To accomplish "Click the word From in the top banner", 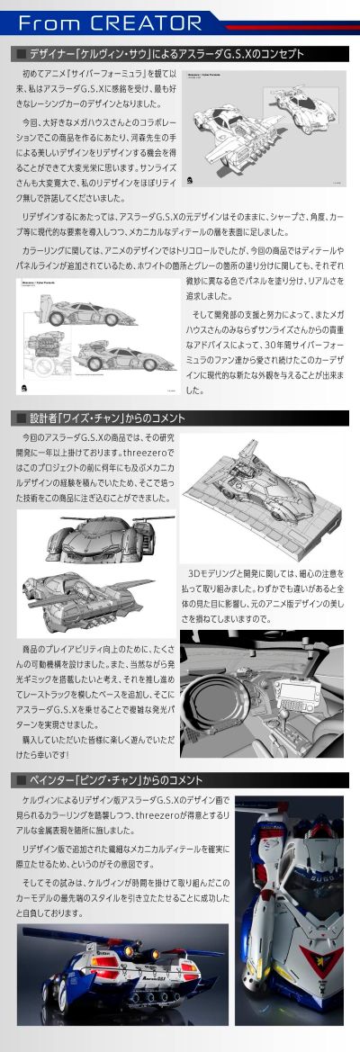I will [51, 22].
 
